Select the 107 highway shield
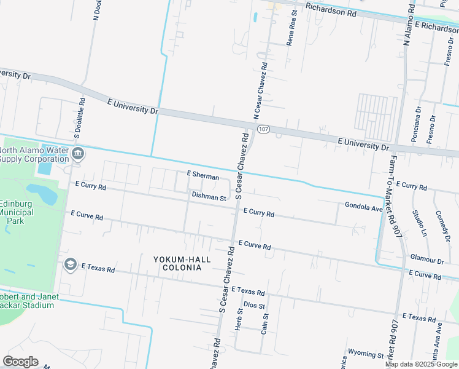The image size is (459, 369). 263,129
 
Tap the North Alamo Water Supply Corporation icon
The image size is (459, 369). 77,153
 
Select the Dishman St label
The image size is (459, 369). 209,197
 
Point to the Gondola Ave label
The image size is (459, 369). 363,207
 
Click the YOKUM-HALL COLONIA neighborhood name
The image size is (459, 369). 182,263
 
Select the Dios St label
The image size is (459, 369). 254,305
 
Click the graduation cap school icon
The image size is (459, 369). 70,264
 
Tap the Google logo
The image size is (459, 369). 20,362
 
